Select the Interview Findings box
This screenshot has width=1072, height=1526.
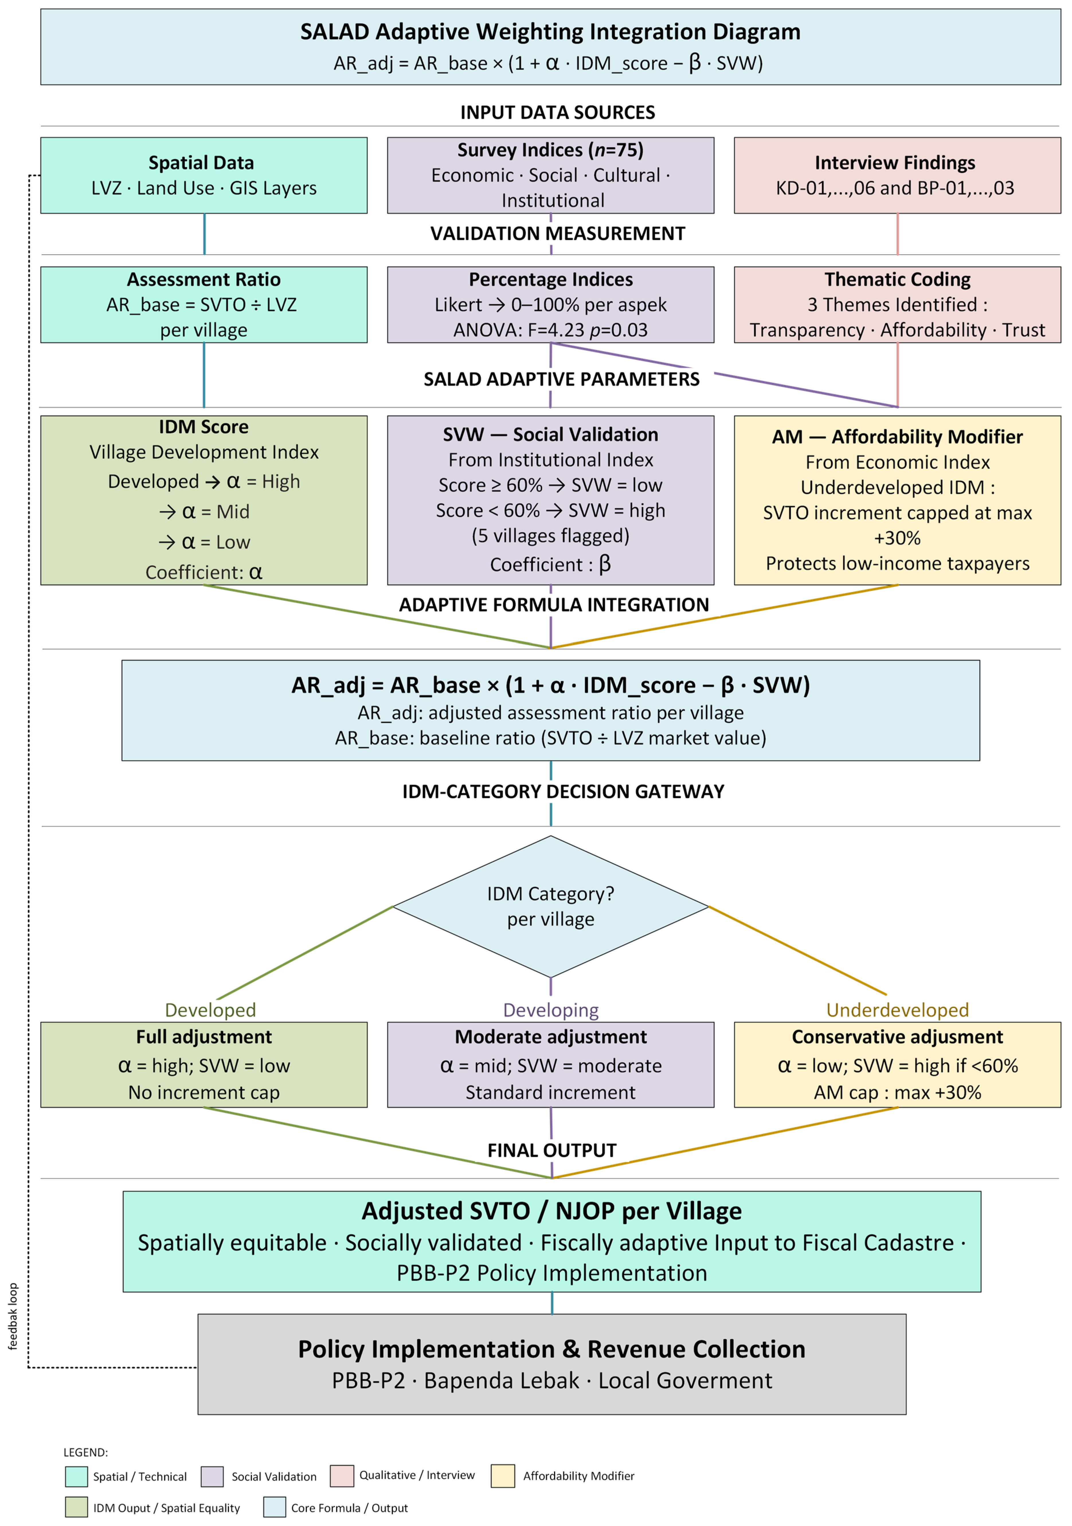(897, 175)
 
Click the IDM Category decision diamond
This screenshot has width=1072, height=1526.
(551, 907)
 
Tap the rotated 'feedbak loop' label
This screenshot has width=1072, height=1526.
(13, 1316)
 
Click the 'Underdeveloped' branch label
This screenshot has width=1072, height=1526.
(897, 1009)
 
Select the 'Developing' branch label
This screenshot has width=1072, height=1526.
(551, 1009)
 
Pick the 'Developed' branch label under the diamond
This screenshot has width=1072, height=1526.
(210, 1009)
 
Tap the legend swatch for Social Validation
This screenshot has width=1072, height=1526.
(212, 1476)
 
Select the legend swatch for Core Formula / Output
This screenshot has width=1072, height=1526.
(275, 1507)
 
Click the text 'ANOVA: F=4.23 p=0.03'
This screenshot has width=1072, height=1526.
(550, 330)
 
